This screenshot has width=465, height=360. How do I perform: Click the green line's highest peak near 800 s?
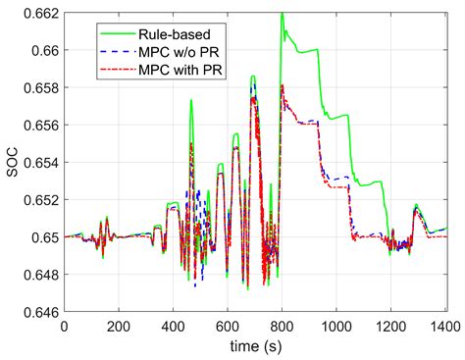click(x=282, y=14)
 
